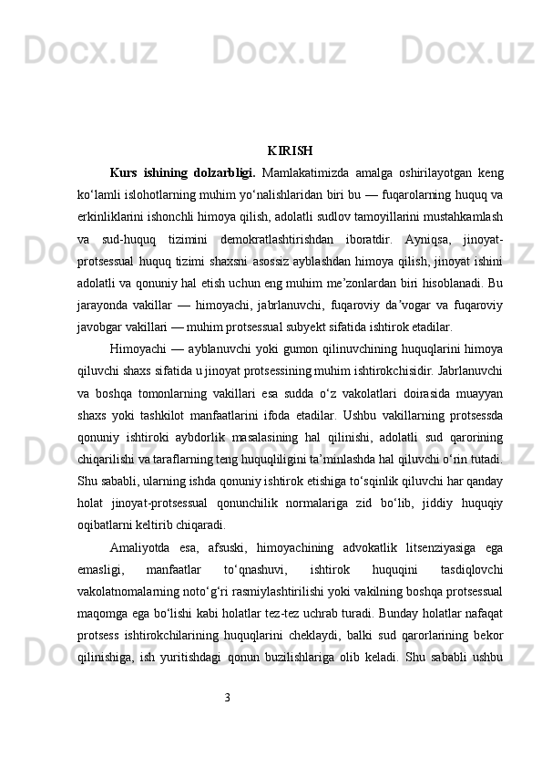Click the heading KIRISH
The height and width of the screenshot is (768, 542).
pos(291,150)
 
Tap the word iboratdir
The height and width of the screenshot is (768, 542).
pos(363,240)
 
